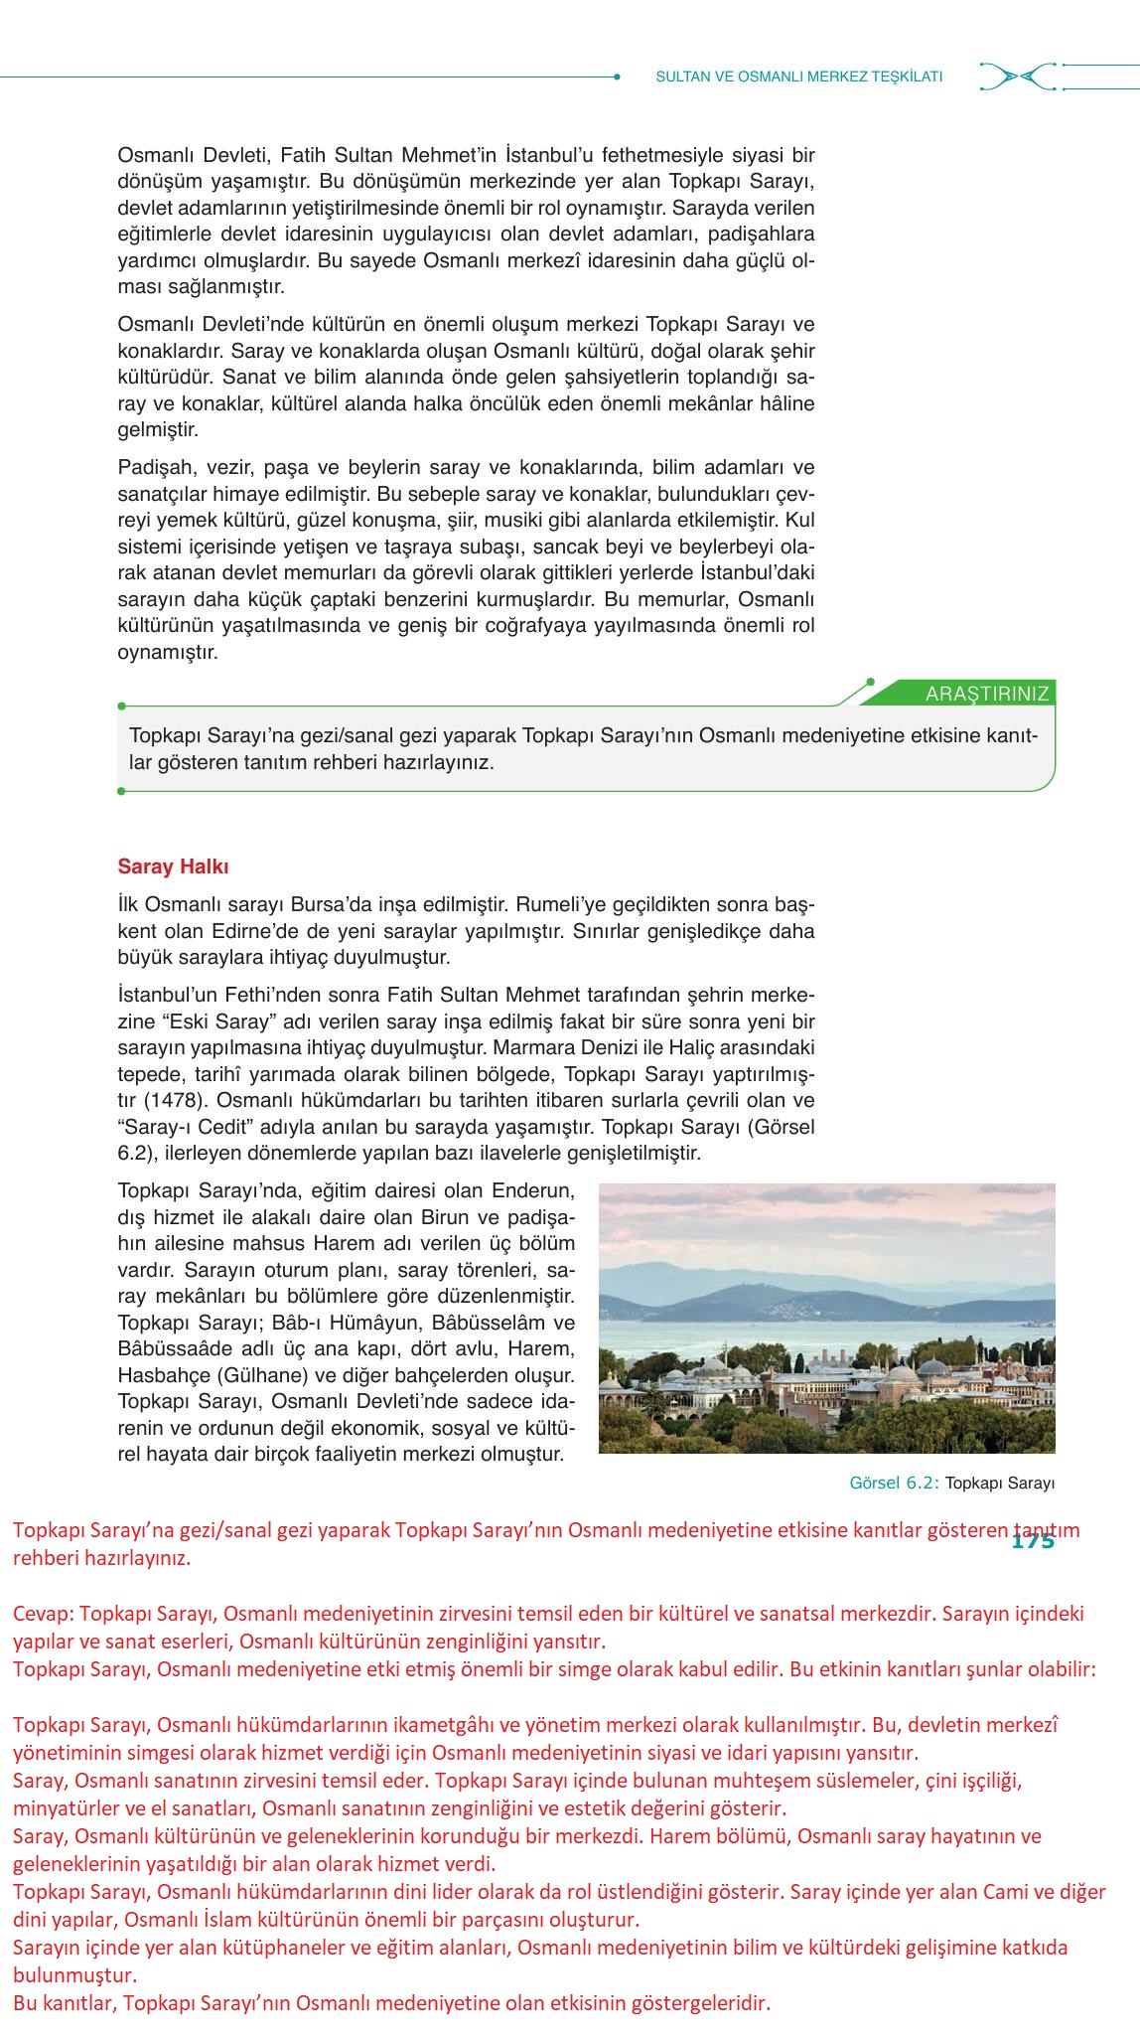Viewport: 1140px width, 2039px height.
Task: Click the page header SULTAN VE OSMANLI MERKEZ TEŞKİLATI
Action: tap(798, 77)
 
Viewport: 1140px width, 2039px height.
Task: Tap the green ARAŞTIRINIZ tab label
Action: tap(986, 695)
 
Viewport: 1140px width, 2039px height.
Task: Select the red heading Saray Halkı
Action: tap(173, 866)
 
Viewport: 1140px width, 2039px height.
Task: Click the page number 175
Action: tap(1032, 1542)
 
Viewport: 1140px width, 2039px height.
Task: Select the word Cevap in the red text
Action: tap(41, 1613)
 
